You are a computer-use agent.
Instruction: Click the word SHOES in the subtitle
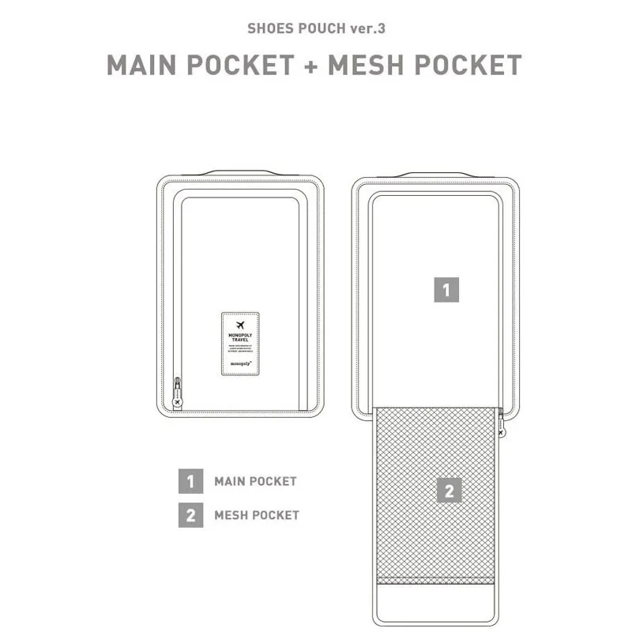pyautogui.click(x=268, y=28)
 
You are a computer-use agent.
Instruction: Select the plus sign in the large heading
pyautogui.click(x=310, y=65)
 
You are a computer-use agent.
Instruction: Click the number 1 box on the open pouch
pyautogui.click(x=446, y=290)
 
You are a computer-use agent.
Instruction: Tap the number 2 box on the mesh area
pyautogui.click(x=449, y=492)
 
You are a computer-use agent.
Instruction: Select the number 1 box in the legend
pyautogui.click(x=190, y=481)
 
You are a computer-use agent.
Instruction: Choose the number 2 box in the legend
pyautogui.click(x=190, y=515)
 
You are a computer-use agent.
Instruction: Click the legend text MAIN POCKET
pyautogui.click(x=255, y=481)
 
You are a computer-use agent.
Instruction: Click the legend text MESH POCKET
pyautogui.click(x=257, y=515)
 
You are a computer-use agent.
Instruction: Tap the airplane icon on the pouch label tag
pyautogui.click(x=240, y=325)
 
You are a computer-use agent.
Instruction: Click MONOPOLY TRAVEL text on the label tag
pyautogui.click(x=240, y=337)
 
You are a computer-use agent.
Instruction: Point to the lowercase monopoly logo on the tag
pyautogui.click(x=239, y=364)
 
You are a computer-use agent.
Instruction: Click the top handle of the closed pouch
pyautogui.click(x=240, y=172)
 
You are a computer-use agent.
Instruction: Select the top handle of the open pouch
pyautogui.click(x=435, y=173)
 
